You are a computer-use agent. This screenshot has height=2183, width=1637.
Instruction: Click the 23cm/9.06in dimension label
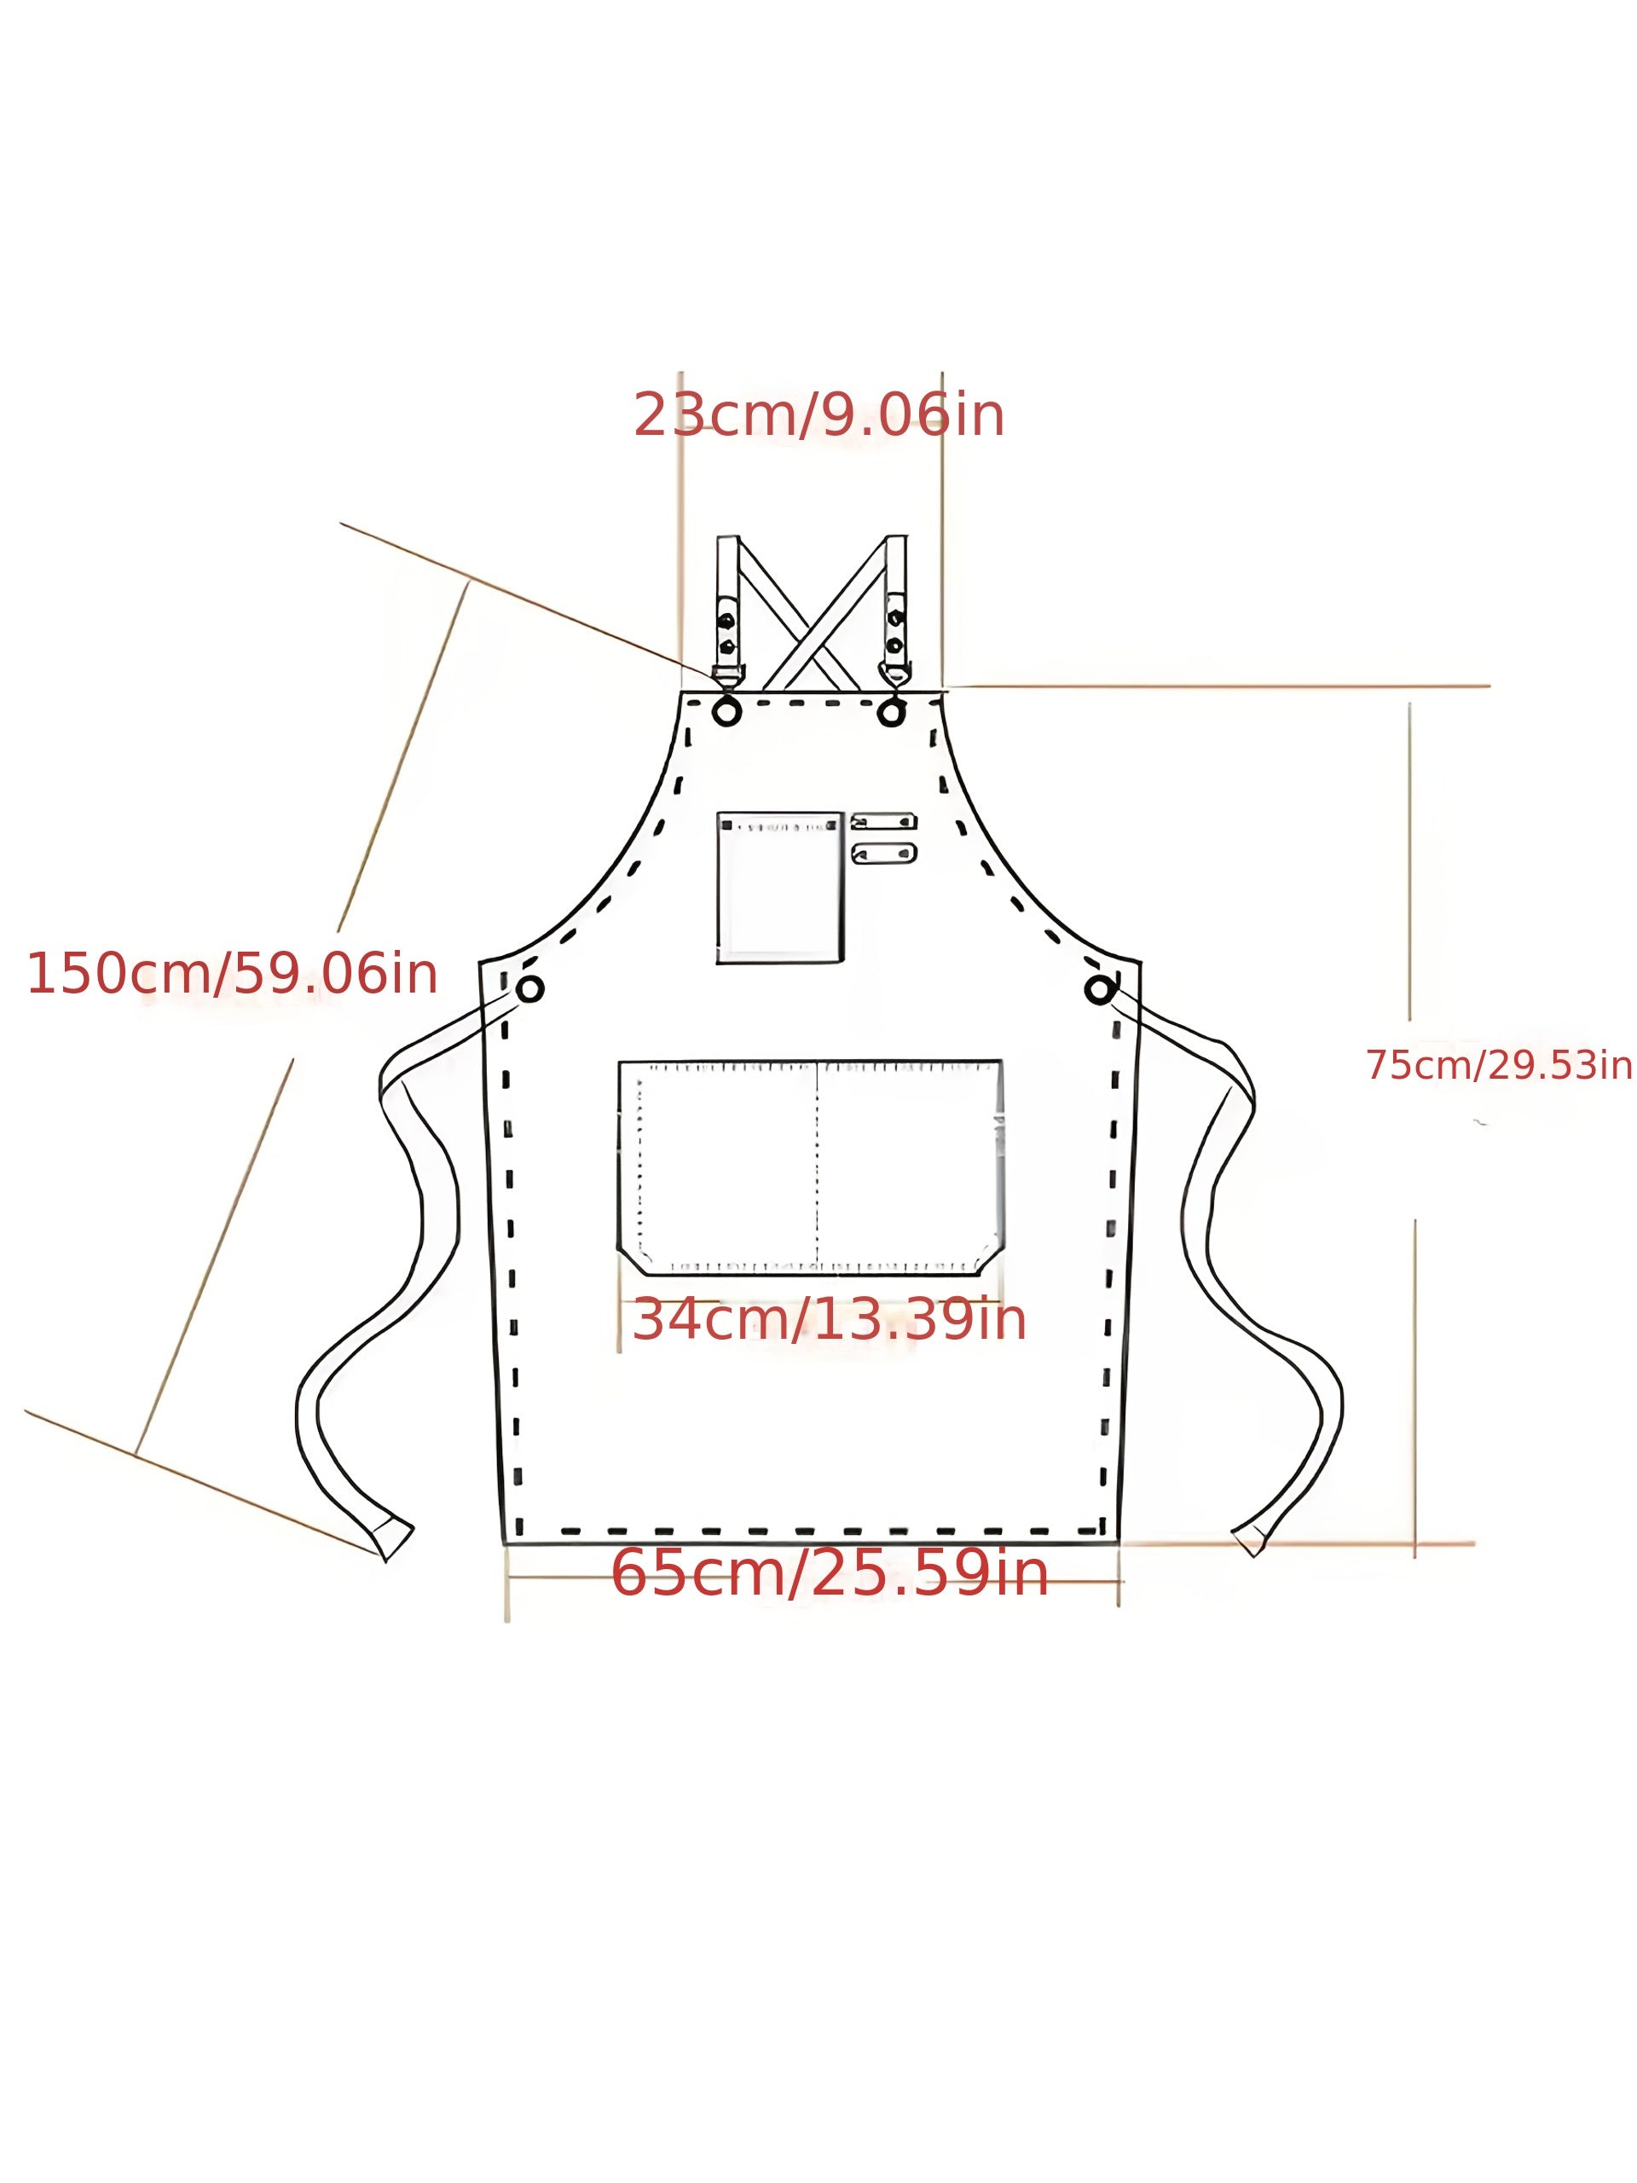[x=818, y=414]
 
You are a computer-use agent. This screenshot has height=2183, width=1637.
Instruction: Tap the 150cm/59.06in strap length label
[x=232, y=973]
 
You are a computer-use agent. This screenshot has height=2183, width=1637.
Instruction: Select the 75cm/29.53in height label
[x=1499, y=1065]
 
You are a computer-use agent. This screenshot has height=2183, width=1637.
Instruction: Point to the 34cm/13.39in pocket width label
[x=828, y=1319]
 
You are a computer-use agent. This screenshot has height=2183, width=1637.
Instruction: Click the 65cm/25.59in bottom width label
[x=829, y=1573]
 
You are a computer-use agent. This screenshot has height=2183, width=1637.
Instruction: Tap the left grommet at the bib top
[x=727, y=710]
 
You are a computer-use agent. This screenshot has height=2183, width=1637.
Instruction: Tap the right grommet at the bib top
[x=891, y=710]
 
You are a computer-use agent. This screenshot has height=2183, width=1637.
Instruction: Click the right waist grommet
[x=1098, y=989]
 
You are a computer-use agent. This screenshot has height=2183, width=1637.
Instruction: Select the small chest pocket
[x=779, y=886]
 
